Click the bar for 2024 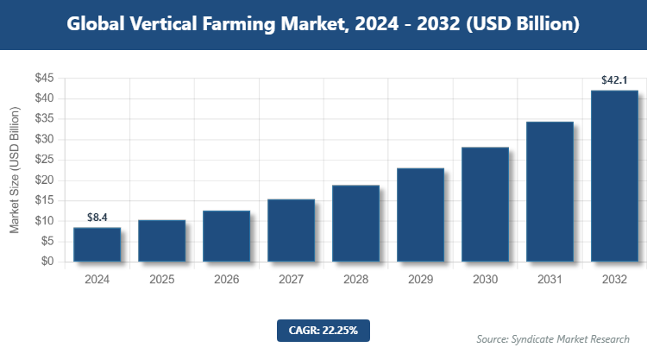(97, 244)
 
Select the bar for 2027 (291, 231)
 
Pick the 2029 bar (420, 215)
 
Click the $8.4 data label (97, 218)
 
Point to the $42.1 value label (614, 80)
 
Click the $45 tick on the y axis (44, 79)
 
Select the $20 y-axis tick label (44, 180)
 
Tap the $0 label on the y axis (47, 262)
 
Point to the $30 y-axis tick (44, 139)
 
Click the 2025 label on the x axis (161, 280)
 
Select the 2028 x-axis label (355, 280)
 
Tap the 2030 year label (485, 280)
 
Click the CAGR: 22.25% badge (323, 330)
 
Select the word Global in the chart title (98, 24)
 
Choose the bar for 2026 (226, 236)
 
